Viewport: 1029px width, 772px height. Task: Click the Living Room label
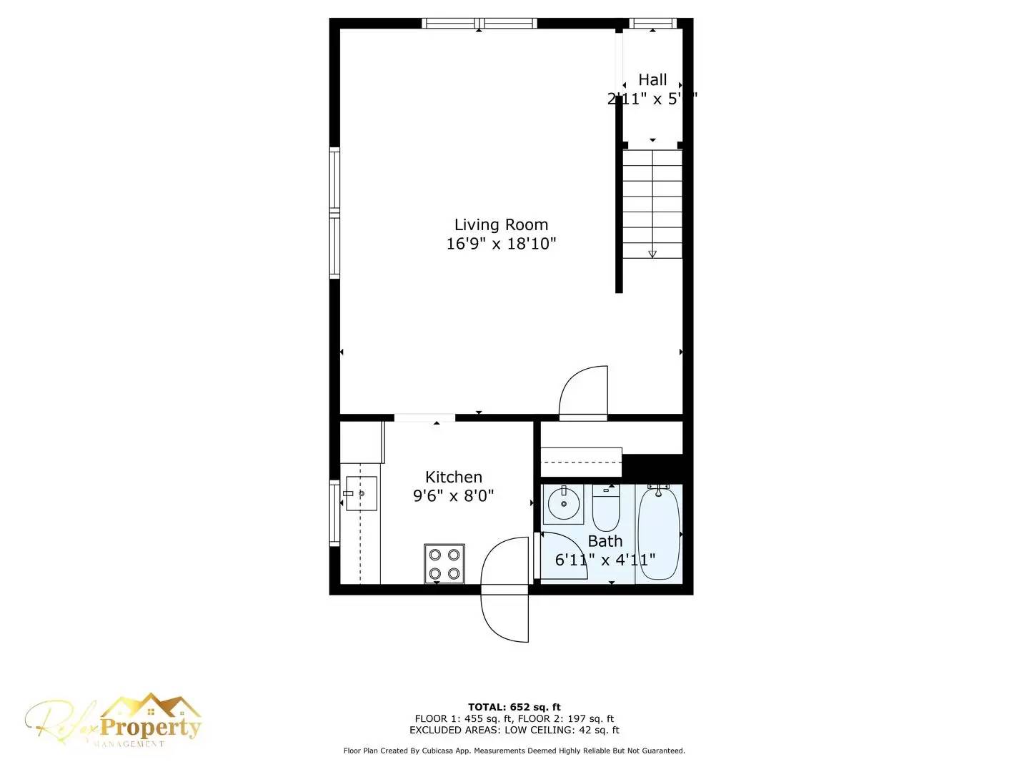pyautogui.click(x=501, y=225)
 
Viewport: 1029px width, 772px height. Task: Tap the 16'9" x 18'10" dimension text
pyautogui.click(x=501, y=244)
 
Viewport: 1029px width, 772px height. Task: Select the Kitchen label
pyautogui.click(x=454, y=477)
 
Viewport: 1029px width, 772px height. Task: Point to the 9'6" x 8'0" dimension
pyautogui.click(x=454, y=495)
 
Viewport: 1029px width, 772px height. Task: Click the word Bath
pyautogui.click(x=605, y=541)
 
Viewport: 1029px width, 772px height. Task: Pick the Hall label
pyautogui.click(x=652, y=80)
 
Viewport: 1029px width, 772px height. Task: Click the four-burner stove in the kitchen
pyautogui.click(x=444, y=564)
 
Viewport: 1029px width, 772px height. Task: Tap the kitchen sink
pyautogui.click(x=361, y=493)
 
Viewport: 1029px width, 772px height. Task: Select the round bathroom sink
pyautogui.click(x=564, y=505)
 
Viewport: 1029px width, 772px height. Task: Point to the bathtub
pyautogui.click(x=658, y=533)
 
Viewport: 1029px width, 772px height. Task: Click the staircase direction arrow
pyautogui.click(x=652, y=253)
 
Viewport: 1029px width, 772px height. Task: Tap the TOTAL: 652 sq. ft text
pyautogui.click(x=514, y=708)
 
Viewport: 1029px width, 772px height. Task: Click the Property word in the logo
pyautogui.click(x=150, y=728)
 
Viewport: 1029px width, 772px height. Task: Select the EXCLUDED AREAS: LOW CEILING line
pyautogui.click(x=514, y=731)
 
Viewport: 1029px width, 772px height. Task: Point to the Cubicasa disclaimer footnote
pyautogui.click(x=514, y=751)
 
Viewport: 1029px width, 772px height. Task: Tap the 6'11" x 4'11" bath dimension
pyautogui.click(x=605, y=560)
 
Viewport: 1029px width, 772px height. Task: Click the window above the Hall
pyautogui.click(x=653, y=24)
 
